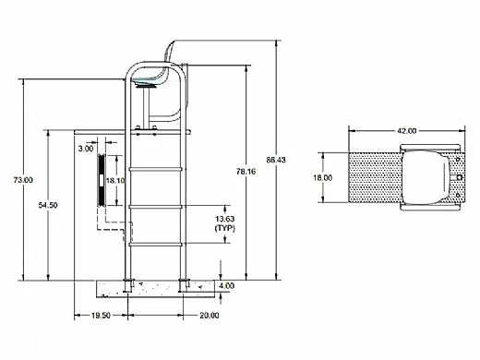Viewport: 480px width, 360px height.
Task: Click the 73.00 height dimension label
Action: [x=23, y=180]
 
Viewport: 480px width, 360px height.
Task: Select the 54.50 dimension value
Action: [x=48, y=205]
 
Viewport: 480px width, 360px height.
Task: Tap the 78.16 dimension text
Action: [x=246, y=172]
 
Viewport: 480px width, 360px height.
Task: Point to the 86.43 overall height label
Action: [x=276, y=160]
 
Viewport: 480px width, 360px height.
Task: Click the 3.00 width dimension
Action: [x=86, y=149]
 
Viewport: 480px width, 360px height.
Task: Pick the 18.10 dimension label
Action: [x=115, y=180]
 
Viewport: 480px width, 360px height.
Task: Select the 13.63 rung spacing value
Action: [x=224, y=219]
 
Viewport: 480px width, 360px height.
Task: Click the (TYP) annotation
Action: [x=224, y=228]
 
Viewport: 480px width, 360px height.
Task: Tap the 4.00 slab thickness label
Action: [x=226, y=285]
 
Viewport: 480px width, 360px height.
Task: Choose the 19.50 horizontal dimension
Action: [x=101, y=316]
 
